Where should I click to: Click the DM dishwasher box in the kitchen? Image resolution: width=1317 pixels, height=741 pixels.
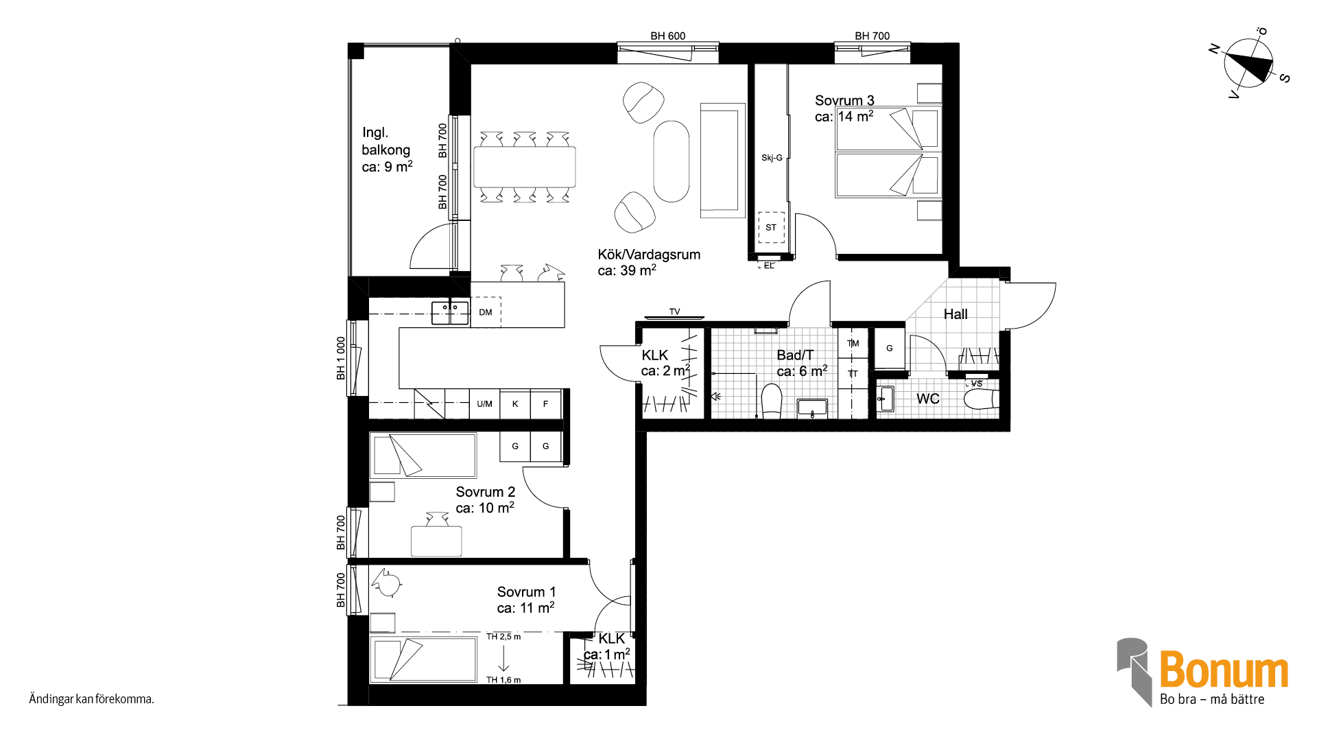486,312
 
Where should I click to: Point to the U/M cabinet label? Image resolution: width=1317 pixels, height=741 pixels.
484,404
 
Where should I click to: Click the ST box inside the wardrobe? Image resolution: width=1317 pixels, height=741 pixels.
771,227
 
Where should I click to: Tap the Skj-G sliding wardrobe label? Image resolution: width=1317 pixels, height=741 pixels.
772,158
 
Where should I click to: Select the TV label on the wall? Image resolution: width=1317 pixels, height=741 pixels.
675,311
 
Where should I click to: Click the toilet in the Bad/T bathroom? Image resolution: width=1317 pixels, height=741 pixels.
772,401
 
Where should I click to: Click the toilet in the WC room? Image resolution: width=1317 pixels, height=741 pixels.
981,399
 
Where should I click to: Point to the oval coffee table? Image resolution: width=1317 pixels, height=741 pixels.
671,161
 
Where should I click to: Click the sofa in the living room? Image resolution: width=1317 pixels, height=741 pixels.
722,161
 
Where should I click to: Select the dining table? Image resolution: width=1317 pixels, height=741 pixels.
525,167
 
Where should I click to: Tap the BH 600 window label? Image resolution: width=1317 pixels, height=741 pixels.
668,36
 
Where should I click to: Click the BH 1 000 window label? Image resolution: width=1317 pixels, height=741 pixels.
341,358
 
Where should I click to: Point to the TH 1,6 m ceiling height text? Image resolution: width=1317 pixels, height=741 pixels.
503,680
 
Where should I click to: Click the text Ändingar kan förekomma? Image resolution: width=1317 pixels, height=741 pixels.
91,699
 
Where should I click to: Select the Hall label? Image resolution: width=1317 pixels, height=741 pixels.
956,314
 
